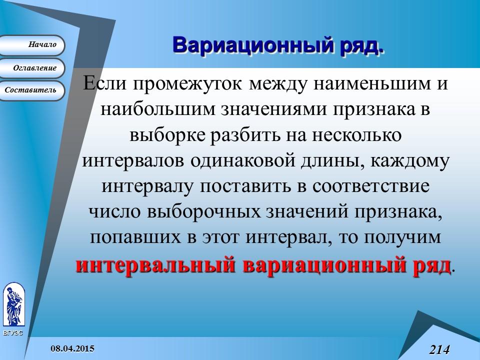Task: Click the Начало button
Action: click(x=35, y=45)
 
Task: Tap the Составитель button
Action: click(x=31, y=90)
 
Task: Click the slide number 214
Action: click(x=439, y=349)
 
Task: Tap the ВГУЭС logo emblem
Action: click(x=13, y=305)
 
